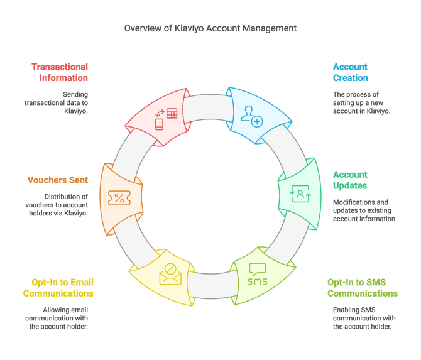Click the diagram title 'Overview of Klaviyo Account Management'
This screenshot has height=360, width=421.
[x=210, y=28]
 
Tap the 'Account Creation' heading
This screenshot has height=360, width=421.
[x=351, y=72]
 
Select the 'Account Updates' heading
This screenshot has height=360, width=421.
[x=351, y=180]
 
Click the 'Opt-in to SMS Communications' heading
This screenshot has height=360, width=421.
[x=362, y=288]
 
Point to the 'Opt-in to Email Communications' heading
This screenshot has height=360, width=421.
[x=58, y=288]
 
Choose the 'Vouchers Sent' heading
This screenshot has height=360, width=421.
[x=57, y=180]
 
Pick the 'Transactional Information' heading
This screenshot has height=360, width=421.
[x=60, y=72]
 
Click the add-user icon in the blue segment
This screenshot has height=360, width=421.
[x=252, y=116]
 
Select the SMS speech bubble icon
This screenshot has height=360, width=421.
[x=257, y=275]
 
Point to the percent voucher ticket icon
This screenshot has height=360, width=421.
[x=118, y=198]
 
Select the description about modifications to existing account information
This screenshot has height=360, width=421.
[x=364, y=210]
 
